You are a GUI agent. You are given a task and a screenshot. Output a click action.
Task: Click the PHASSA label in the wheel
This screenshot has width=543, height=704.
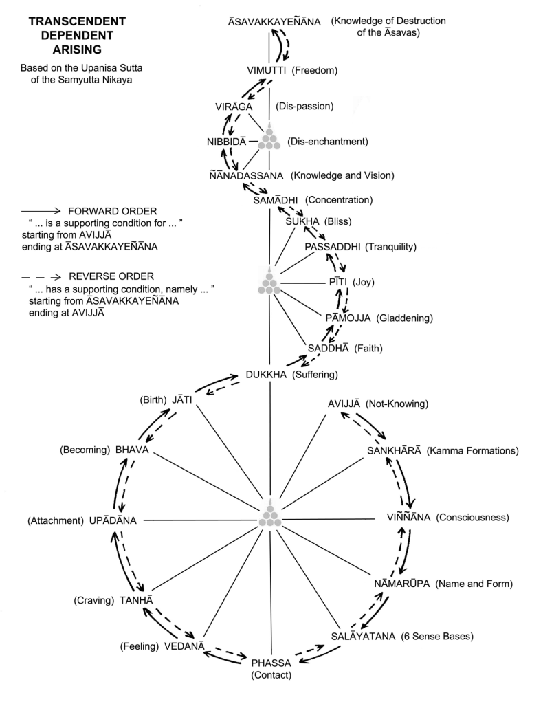pyautogui.click(x=271, y=663)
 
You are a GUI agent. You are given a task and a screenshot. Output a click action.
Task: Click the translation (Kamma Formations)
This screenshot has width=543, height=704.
pyautogui.click(x=471, y=451)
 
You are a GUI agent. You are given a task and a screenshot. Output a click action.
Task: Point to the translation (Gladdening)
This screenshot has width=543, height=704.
pyautogui.click(x=408, y=318)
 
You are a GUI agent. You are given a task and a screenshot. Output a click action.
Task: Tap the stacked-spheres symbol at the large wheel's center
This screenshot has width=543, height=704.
pyautogui.click(x=269, y=517)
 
